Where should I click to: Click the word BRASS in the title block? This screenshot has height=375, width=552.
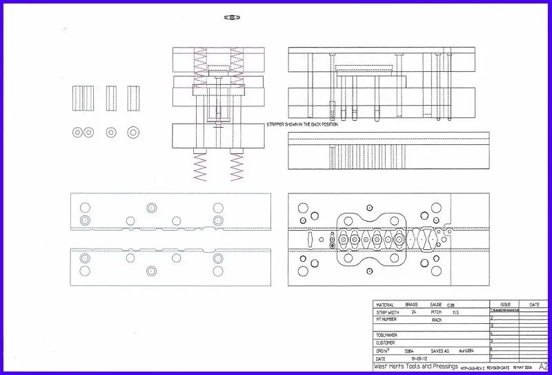[411, 305]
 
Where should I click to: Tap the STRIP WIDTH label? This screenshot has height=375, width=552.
[387, 312]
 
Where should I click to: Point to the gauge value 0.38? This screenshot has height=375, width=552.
[451, 305]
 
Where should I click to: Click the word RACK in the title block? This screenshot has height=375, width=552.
[437, 320]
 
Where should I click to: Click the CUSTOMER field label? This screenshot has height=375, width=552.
[386, 343]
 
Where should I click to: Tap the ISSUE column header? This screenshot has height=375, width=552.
[505, 304]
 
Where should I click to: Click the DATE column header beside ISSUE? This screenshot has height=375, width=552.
[534, 304]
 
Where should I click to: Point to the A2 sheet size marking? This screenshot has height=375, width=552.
[543, 367]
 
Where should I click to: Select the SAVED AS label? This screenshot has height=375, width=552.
[443, 351]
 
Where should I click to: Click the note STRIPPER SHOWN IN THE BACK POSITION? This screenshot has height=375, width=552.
[302, 124]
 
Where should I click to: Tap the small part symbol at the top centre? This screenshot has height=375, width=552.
[231, 17]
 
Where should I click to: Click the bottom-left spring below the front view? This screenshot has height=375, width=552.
[199, 166]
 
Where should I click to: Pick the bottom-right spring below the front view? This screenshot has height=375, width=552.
[237, 166]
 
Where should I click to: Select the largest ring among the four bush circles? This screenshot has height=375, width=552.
[132, 132]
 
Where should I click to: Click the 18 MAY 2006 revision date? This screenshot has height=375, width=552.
[522, 367]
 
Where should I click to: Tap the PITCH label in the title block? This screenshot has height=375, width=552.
[435, 312]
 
